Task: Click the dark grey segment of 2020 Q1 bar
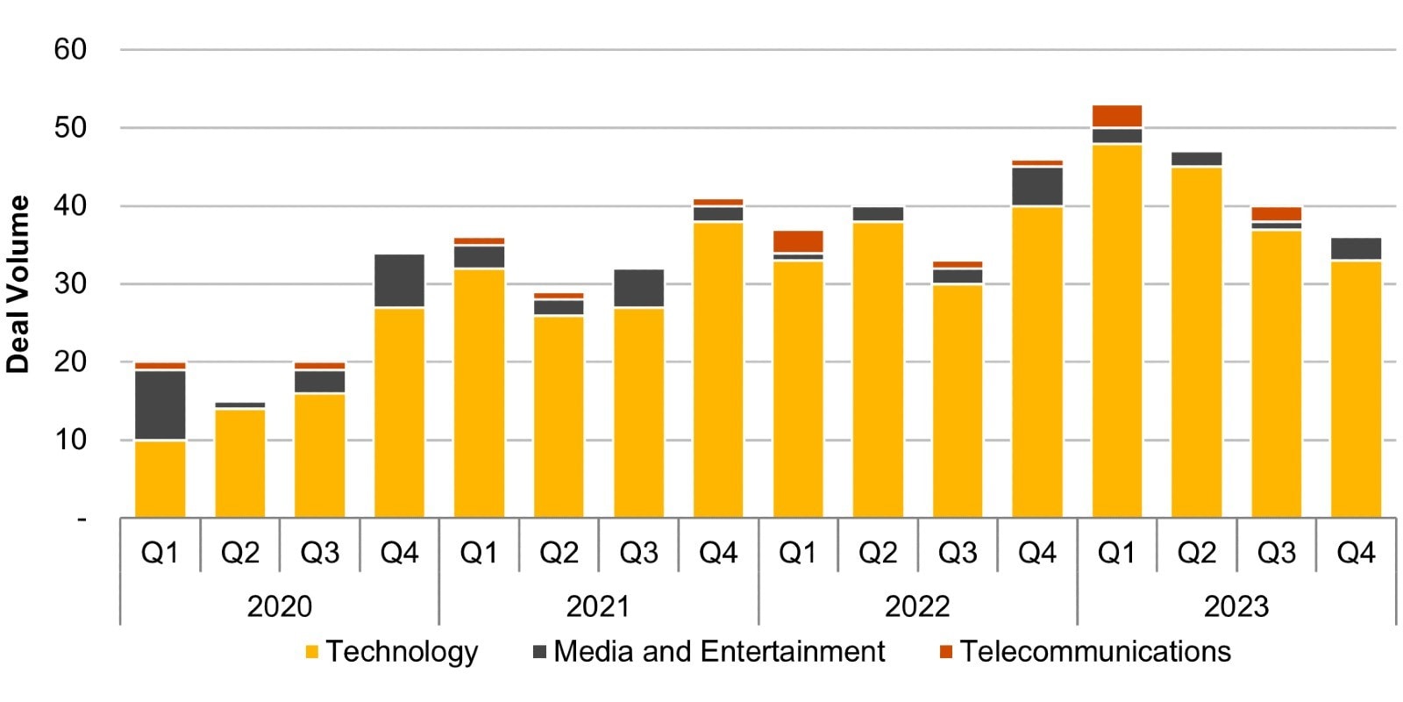(x=160, y=405)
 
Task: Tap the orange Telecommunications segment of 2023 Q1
(x=1116, y=116)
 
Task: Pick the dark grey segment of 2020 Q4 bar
(x=399, y=280)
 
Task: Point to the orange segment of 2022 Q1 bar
(x=797, y=241)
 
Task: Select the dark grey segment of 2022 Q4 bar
(x=1036, y=186)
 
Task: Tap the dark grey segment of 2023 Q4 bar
(x=1356, y=248)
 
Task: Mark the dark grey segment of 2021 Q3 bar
(x=638, y=288)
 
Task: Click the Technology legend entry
(x=391, y=652)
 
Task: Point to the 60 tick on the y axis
(x=70, y=49)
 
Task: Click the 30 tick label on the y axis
(x=70, y=283)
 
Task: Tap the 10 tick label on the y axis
(x=70, y=440)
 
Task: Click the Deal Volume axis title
(x=18, y=284)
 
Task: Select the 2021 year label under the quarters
(x=598, y=606)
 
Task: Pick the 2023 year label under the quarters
(x=1236, y=606)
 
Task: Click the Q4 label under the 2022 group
(x=1036, y=553)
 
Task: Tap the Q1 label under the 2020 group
(x=160, y=553)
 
